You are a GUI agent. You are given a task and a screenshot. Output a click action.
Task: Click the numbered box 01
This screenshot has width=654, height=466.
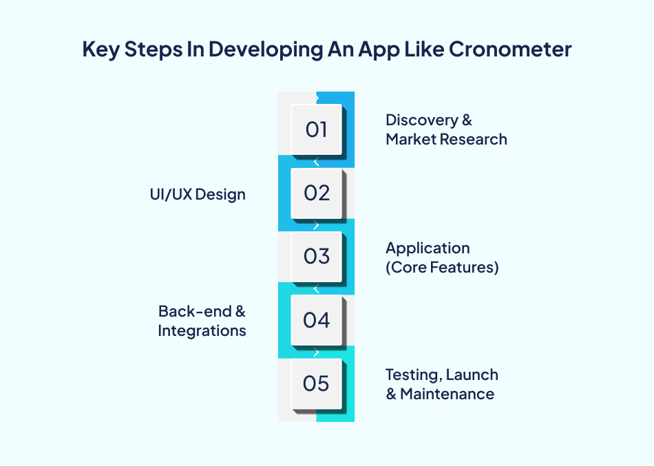(317, 129)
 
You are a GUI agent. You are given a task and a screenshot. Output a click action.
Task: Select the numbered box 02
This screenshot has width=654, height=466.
(317, 193)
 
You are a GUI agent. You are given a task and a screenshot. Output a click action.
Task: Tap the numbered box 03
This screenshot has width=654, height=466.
(317, 257)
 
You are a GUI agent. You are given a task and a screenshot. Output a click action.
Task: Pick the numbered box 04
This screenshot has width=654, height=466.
(317, 320)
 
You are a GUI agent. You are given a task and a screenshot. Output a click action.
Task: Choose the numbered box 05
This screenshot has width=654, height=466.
(317, 384)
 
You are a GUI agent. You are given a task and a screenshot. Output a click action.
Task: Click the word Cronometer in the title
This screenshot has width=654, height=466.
(510, 50)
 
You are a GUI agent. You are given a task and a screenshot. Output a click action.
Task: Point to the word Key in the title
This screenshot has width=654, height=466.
(101, 50)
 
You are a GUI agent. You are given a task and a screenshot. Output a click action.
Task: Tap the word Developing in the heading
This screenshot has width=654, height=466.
(266, 50)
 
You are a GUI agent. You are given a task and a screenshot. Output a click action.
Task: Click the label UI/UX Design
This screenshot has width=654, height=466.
(198, 194)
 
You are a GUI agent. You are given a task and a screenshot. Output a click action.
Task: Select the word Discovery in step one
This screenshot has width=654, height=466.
(422, 120)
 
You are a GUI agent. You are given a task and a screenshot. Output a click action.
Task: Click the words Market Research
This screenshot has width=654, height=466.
(446, 139)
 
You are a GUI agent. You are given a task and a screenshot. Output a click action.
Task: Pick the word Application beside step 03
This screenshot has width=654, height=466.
(428, 248)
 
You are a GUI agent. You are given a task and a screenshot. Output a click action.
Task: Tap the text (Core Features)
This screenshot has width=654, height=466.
(442, 268)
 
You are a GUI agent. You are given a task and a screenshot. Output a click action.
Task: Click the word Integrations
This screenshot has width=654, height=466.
(202, 331)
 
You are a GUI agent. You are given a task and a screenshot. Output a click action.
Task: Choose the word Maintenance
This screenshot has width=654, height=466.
(447, 394)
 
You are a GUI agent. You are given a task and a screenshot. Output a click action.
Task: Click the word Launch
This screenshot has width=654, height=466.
(472, 375)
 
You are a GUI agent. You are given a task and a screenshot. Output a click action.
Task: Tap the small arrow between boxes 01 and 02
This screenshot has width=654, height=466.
(316, 162)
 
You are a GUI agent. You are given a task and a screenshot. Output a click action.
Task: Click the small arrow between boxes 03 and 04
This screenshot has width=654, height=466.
(316, 289)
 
